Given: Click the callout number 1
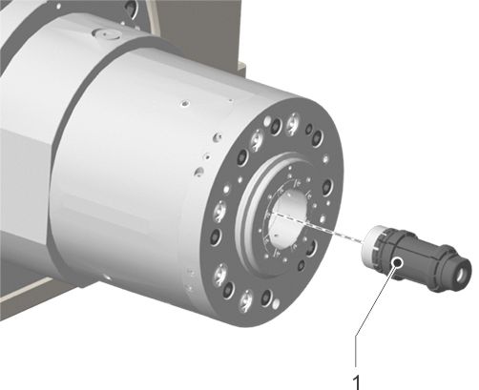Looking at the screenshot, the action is (357, 382).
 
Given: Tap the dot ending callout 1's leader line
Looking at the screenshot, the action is (397, 262).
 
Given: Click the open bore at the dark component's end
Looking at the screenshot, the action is (462, 275).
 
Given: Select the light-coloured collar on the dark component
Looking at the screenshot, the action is (374, 245).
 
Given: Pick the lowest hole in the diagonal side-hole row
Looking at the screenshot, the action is (199, 172).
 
